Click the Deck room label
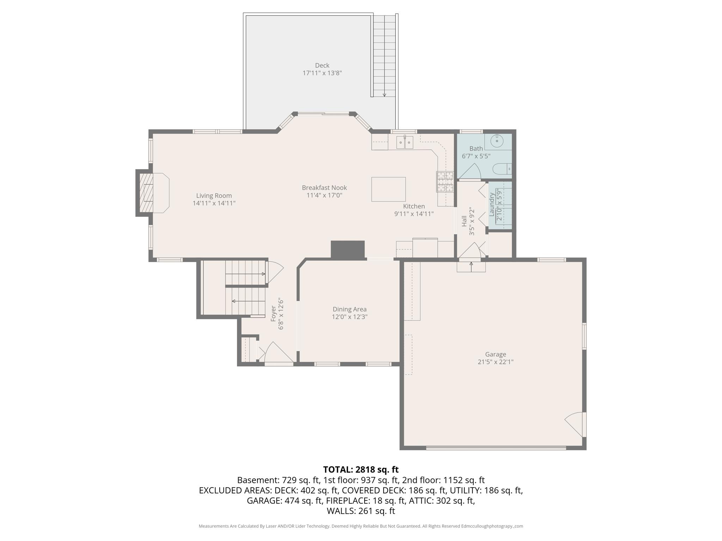click(x=322, y=66)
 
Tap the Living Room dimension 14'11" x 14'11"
click(x=214, y=203)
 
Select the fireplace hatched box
click(x=146, y=193)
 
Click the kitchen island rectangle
click(x=388, y=189)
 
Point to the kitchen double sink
click(x=404, y=142)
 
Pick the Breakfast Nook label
click(x=324, y=188)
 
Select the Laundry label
click(x=492, y=205)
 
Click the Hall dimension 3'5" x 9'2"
click(x=472, y=221)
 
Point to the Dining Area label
click(x=349, y=309)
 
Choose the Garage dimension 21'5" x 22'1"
click(x=495, y=362)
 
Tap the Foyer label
click(x=273, y=313)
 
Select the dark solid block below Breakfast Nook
click(x=347, y=250)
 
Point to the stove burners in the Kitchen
click(x=445, y=181)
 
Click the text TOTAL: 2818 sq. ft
click(x=361, y=470)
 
